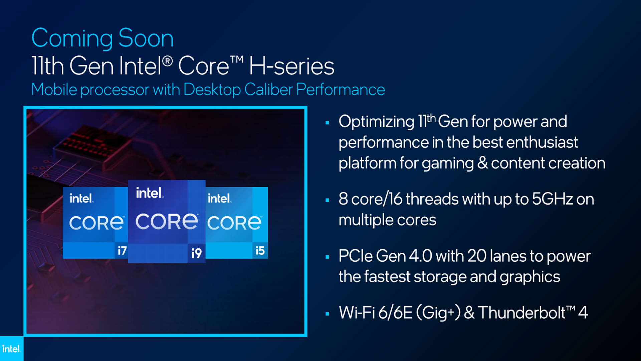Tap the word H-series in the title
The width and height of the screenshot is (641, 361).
291,66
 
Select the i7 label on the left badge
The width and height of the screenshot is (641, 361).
122,250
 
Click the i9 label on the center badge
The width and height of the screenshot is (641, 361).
197,253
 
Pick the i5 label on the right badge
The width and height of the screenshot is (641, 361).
260,250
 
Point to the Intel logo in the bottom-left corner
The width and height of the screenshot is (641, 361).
12,349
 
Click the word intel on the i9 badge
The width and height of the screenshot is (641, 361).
150,193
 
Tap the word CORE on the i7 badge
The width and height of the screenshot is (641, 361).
96,223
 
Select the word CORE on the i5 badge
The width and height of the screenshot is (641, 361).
234,223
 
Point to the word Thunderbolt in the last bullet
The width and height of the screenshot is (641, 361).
522,313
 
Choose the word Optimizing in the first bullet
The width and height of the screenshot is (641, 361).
377,122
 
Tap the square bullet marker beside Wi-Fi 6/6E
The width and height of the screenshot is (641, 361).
327,314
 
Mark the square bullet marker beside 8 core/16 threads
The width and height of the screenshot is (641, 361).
327,200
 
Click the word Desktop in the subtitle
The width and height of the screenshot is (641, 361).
212,90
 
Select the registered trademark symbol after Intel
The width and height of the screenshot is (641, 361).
168,61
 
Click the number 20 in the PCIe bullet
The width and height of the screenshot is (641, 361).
477,256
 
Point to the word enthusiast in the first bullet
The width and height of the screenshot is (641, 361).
542,142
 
